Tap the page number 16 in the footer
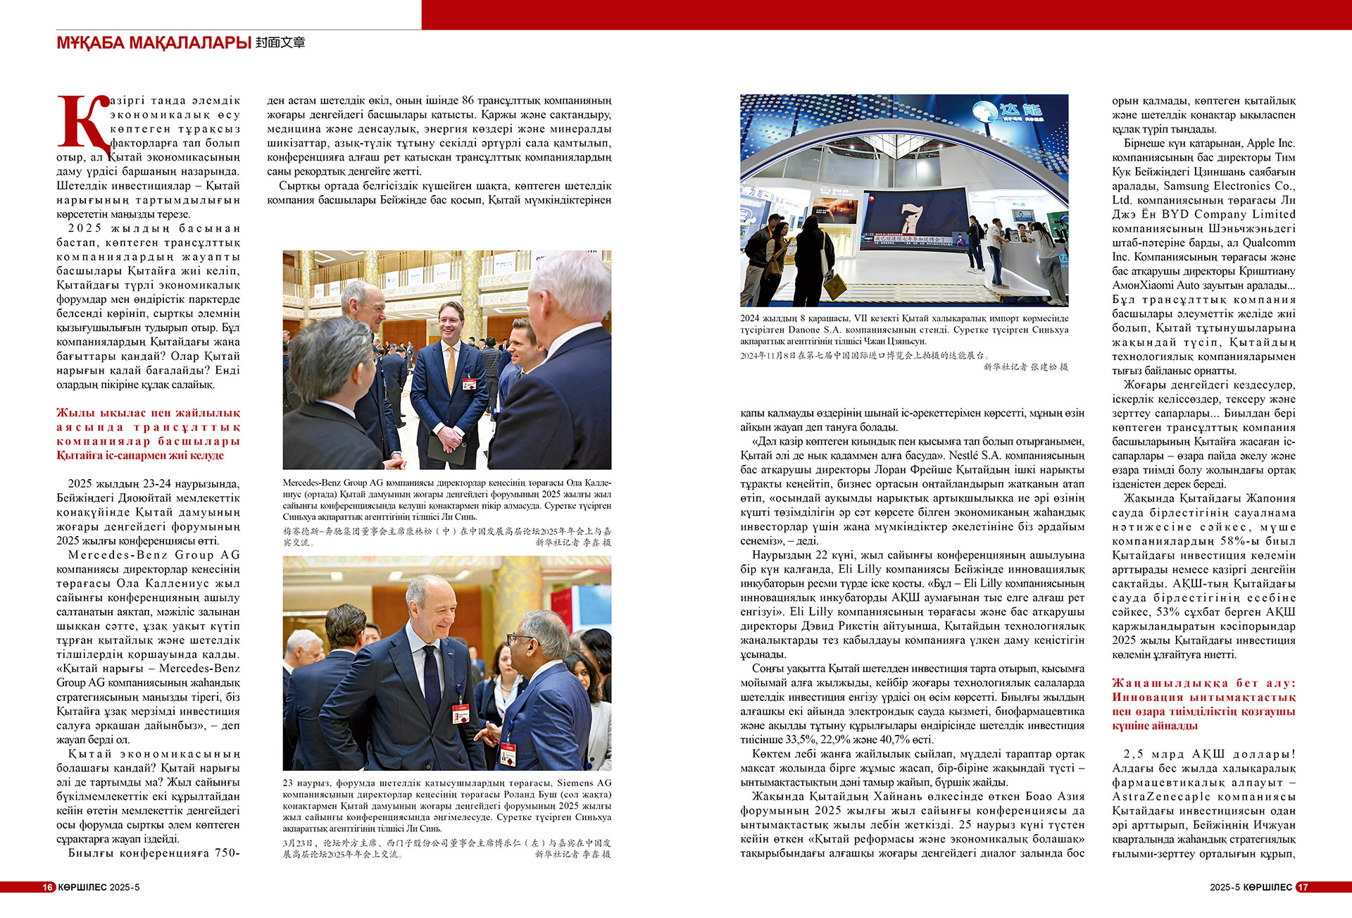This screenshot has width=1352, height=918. point(48,887)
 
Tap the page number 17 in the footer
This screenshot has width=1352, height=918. point(1303,887)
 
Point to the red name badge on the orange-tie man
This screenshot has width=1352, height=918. point(468,384)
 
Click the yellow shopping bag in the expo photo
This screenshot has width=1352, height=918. point(836,285)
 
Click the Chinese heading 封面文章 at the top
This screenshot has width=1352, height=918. point(280,43)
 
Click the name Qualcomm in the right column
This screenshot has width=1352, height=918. point(1270,242)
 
